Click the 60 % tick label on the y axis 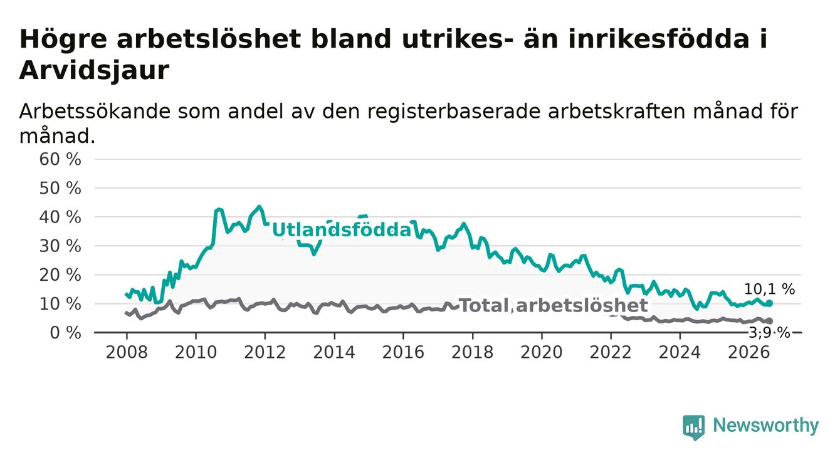point(60,159)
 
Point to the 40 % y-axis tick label point(60,217)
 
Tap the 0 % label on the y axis point(65,333)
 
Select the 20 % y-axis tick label point(60,275)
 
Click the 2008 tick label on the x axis point(127,352)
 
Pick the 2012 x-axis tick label point(265,352)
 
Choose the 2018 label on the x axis point(472,352)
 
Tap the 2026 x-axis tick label point(749,352)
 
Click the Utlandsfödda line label point(342,229)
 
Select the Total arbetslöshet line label point(554,305)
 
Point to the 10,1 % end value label point(769,289)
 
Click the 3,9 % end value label point(770,333)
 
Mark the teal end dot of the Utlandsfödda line point(769,303)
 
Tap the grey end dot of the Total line point(769,321)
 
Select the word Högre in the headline point(63,39)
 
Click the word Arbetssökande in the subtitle point(95,112)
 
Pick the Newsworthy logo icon point(694,427)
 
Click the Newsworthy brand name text point(765,426)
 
